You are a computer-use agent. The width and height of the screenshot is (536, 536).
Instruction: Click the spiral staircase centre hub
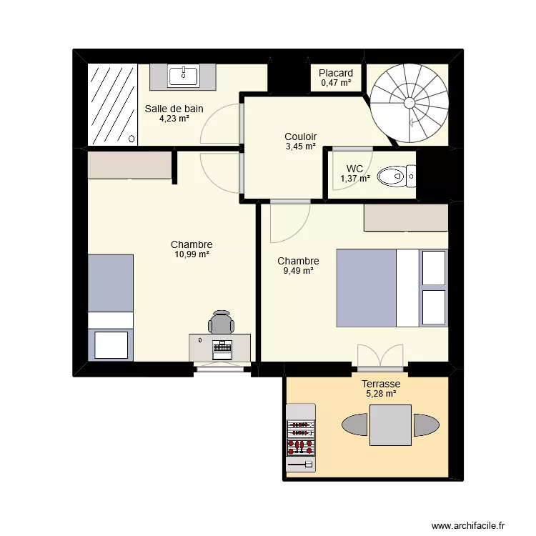410,102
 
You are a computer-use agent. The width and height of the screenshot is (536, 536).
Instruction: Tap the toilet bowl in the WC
391,177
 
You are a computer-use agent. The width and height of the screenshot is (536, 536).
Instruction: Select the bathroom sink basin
183,76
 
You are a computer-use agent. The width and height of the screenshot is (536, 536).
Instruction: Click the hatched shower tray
112,104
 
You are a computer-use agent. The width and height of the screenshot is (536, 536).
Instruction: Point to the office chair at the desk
221,322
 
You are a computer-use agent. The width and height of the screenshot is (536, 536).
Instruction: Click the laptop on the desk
222,349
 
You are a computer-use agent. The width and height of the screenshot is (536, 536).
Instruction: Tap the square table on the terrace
390,425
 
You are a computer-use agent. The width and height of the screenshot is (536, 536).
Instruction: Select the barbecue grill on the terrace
301,437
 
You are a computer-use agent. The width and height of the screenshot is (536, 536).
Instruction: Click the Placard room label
336,73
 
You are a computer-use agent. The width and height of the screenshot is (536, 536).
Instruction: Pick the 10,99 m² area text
192,254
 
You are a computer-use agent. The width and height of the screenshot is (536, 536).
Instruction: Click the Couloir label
300,137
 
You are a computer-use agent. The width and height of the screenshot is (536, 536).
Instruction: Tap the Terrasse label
381,384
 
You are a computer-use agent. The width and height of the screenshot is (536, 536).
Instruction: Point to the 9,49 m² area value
299,271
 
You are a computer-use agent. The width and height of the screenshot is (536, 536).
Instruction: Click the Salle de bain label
174,109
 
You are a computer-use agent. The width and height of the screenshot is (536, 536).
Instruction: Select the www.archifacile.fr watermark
468,526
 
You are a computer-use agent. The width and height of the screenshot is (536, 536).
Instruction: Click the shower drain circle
131,139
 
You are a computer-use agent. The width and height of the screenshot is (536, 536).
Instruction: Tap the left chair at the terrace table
354,425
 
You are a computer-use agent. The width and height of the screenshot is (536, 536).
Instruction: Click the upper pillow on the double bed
434,268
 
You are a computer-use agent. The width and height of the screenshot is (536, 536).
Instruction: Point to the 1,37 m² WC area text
355,179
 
